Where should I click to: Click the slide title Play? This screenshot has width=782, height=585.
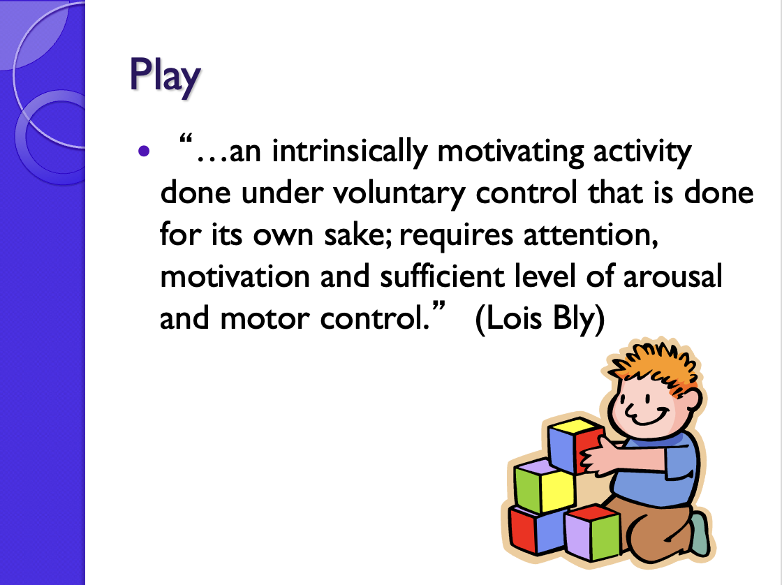pos(165,76)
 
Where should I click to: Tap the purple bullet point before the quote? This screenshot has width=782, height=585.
pos(145,150)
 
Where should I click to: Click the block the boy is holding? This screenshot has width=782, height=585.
pos(574,445)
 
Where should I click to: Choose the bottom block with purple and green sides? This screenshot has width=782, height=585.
pos(592,533)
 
